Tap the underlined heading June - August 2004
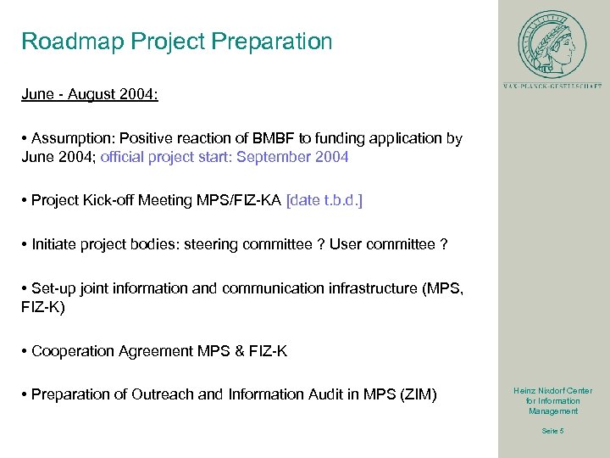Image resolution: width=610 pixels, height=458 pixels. coord(90,95)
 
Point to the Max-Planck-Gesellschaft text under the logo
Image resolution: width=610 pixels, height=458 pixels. coord(552,86)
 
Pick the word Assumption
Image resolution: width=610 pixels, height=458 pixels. coord(72,138)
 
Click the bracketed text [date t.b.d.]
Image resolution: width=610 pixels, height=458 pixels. coord(324,200)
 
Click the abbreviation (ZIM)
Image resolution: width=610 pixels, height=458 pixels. coord(417,394)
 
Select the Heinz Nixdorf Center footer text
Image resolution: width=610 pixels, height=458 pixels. coord(552,400)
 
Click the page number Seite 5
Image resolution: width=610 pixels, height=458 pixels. coord(552,431)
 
